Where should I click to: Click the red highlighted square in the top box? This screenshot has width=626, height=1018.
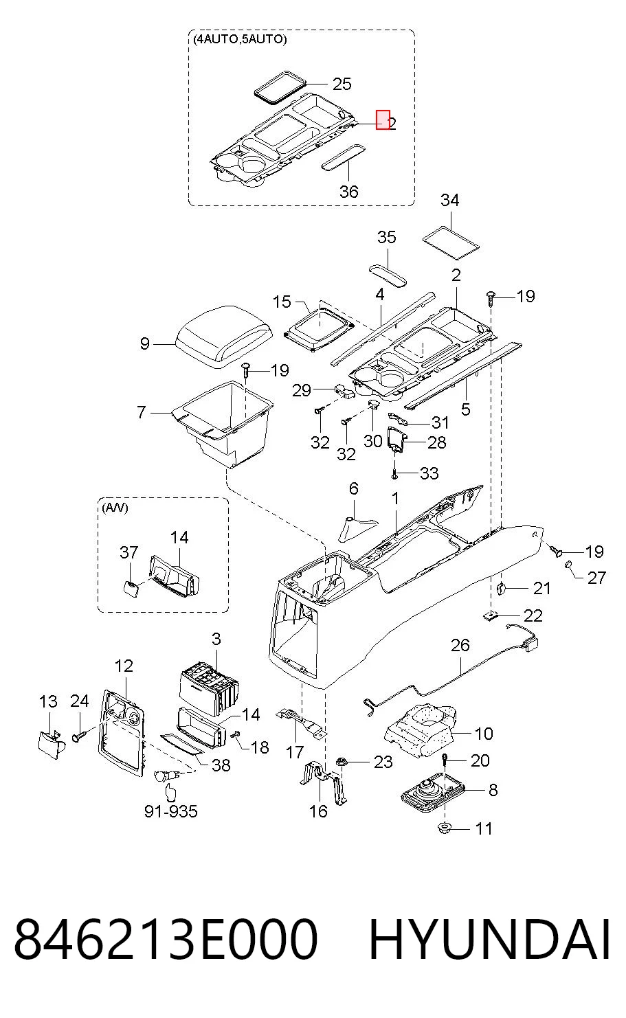tap(383, 120)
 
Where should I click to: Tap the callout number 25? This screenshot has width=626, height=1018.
tap(342, 84)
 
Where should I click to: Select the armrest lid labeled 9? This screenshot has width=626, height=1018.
tap(225, 336)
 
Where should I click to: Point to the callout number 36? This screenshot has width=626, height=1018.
tap(348, 192)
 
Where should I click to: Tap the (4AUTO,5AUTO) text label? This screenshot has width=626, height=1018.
tap(240, 39)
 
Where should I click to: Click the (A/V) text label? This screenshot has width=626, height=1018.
tap(115, 508)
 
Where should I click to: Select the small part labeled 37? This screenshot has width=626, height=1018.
tap(131, 589)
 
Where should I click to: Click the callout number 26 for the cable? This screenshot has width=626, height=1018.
tap(460, 645)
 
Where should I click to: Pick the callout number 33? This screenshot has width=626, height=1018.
tap(429, 473)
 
